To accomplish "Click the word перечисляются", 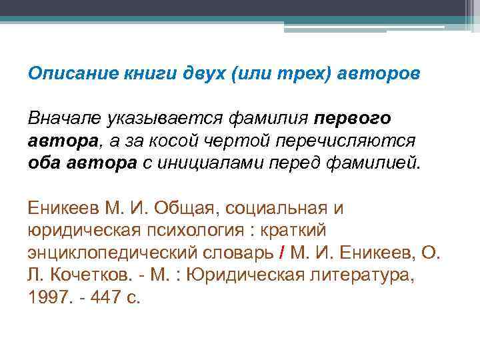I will pyautogui.click(x=353, y=141).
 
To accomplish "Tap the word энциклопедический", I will pyautogui.click(x=123, y=254).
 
